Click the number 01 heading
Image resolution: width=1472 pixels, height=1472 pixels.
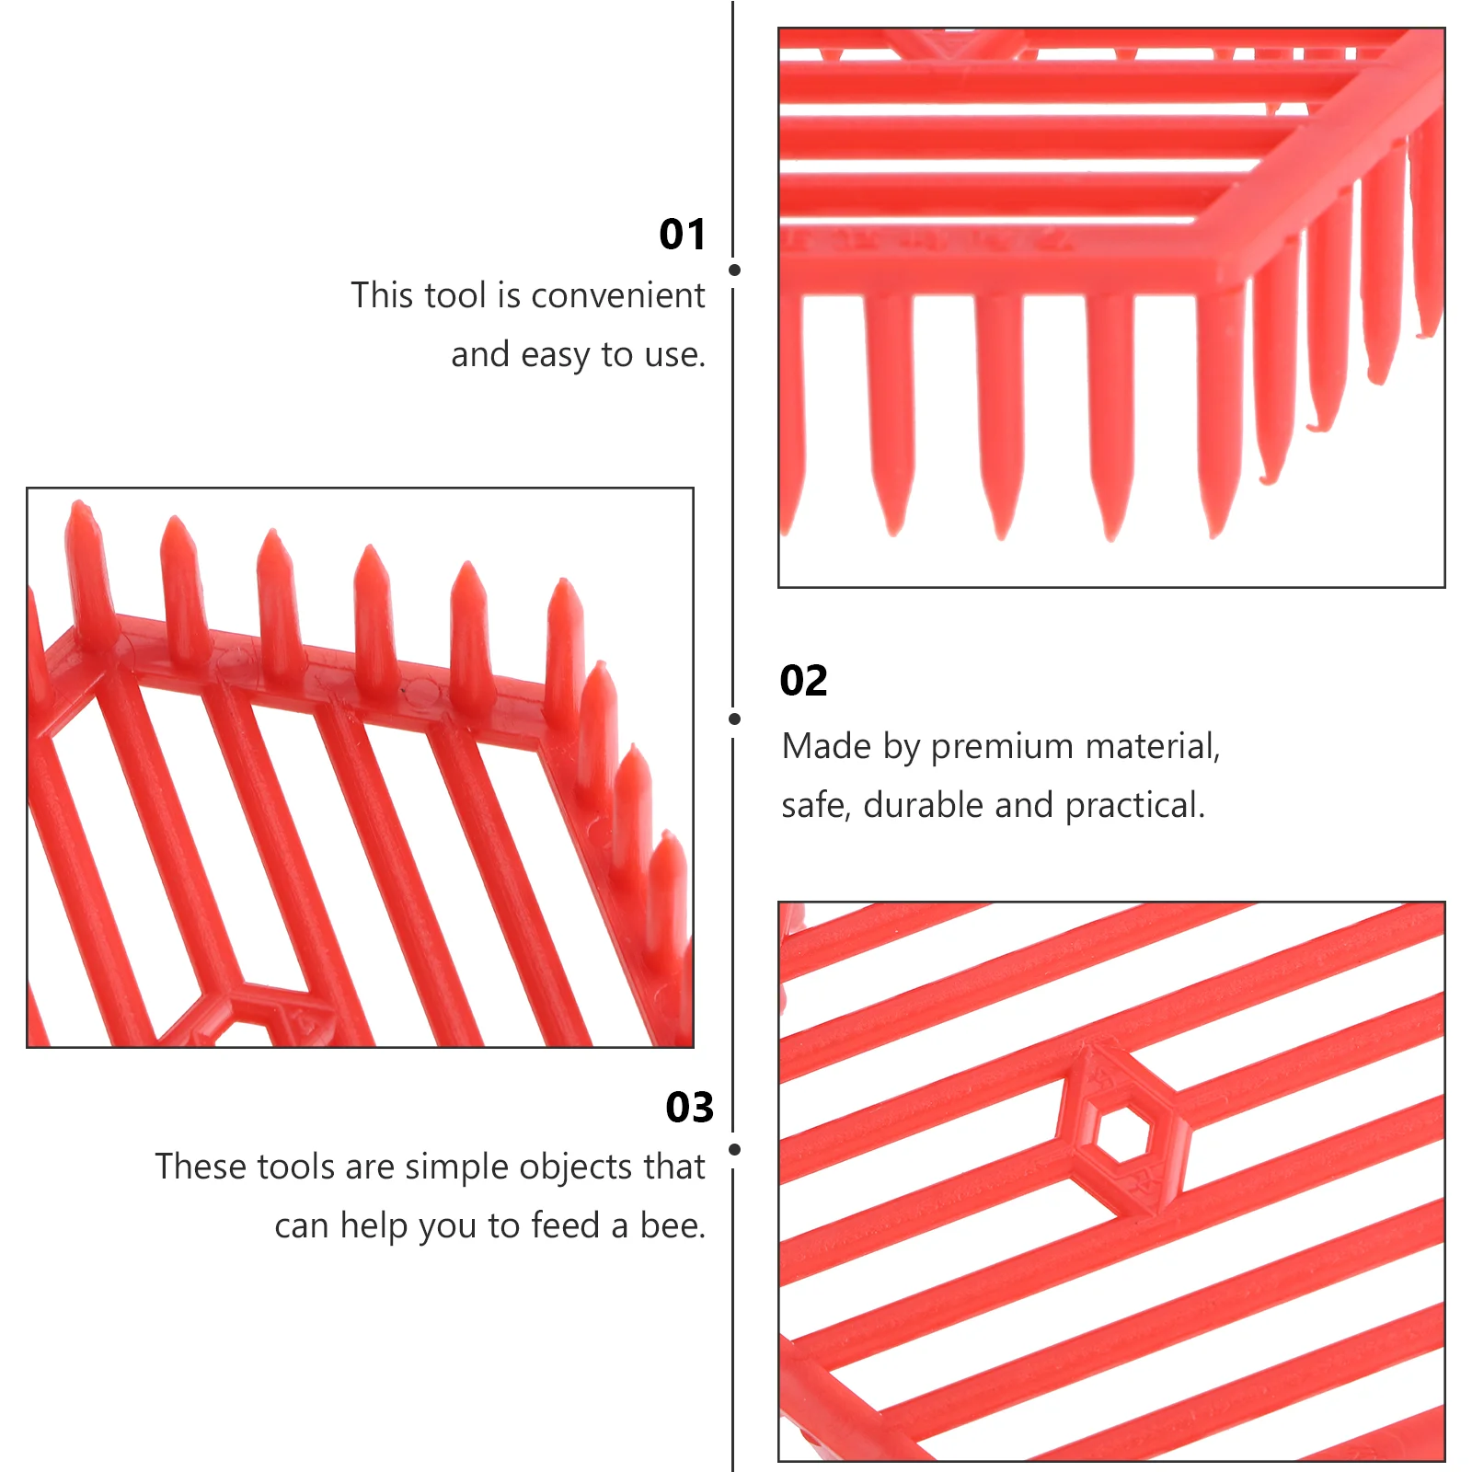coord(682,235)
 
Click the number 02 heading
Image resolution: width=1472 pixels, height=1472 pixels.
coord(803,681)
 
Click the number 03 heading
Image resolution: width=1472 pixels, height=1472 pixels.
coord(689,1108)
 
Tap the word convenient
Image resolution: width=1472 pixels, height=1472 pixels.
coord(617,295)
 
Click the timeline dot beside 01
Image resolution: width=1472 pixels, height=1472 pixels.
coord(734,270)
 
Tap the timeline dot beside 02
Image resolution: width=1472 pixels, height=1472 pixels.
coord(734,719)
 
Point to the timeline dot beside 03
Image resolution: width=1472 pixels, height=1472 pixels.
coord(734,1149)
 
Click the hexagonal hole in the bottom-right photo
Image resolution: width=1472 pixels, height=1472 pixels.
coord(1123,1133)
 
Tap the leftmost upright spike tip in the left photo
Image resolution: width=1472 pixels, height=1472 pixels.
coord(80,503)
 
